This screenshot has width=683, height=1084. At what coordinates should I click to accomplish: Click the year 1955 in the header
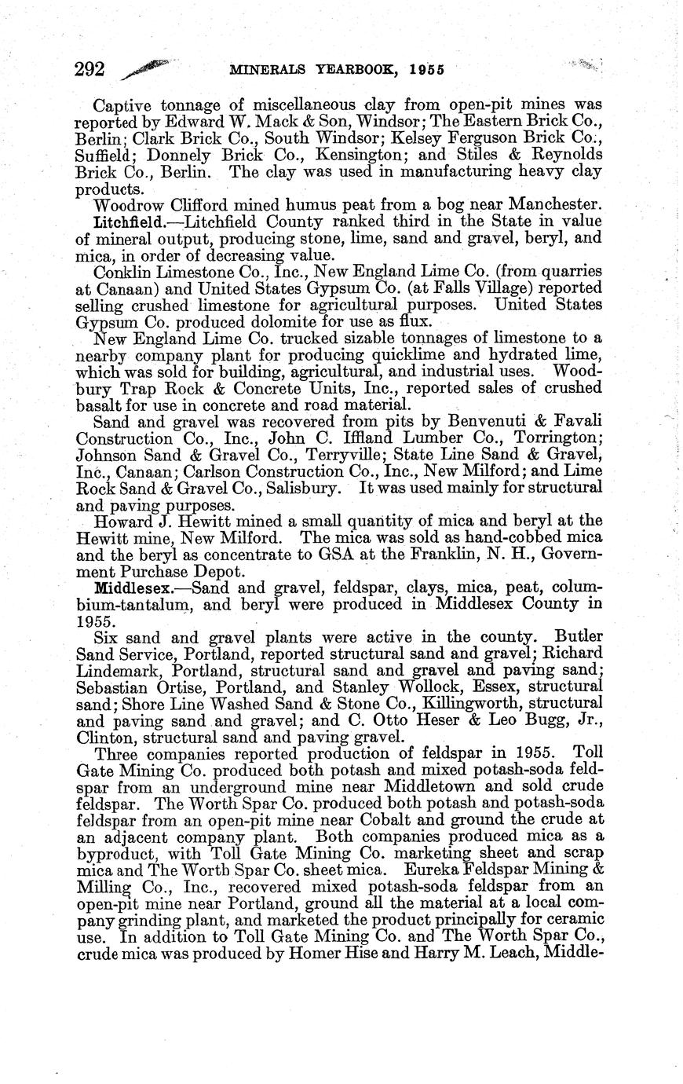pyautogui.click(x=426, y=69)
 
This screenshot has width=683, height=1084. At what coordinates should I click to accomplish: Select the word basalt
pyautogui.click(x=98, y=405)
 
